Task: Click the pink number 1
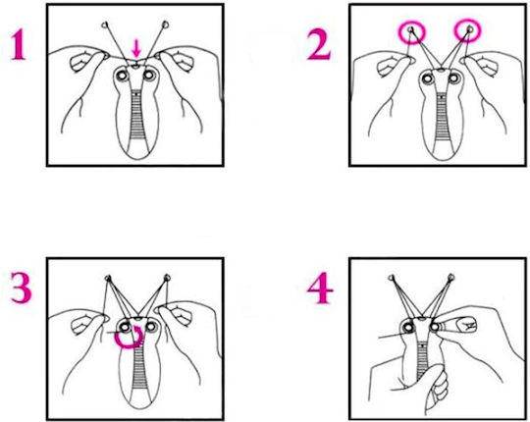click(19, 44)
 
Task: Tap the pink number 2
click(319, 44)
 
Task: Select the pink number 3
click(22, 288)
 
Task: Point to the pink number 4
click(320, 288)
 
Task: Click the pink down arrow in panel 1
click(136, 48)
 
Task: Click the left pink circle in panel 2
click(411, 31)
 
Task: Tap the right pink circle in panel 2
click(467, 30)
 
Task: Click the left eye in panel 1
click(122, 75)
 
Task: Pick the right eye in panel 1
click(149, 75)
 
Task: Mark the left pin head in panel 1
click(105, 25)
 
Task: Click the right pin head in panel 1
click(165, 24)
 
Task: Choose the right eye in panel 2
click(454, 79)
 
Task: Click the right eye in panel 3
click(151, 327)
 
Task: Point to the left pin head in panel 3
click(108, 279)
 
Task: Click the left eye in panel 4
click(409, 327)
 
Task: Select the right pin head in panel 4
click(450, 278)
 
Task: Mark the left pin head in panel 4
click(392, 278)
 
